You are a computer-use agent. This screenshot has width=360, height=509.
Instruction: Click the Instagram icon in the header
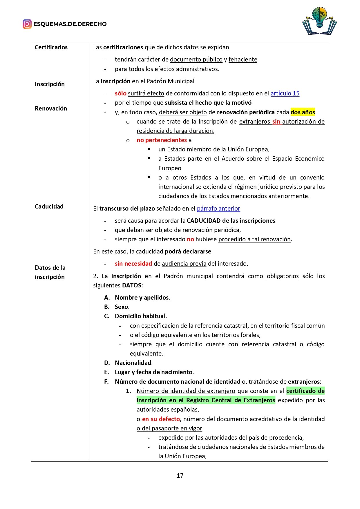click(27, 24)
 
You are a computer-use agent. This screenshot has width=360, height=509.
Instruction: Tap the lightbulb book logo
click(319, 21)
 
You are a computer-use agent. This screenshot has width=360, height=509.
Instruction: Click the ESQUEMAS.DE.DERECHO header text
click(70, 24)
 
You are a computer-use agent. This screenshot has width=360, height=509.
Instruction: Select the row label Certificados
click(51, 47)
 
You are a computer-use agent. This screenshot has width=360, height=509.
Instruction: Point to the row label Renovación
click(51, 108)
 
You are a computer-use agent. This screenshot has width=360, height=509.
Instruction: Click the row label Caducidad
click(49, 207)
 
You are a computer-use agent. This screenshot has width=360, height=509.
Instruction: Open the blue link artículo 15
click(285, 93)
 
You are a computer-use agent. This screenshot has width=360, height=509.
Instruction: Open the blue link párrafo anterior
click(218, 209)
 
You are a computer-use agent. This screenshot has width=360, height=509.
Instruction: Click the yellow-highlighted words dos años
click(303, 112)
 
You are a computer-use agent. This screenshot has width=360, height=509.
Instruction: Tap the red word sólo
click(120, 93)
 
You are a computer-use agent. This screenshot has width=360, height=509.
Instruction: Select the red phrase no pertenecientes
click(162, 140)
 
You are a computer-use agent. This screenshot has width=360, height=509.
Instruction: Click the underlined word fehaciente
click(243, 59)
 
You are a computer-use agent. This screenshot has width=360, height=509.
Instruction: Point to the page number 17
click(180, 475)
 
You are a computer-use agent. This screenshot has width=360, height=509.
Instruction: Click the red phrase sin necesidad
click(133, 264)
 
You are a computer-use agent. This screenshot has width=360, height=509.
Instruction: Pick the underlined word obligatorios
click(283, 276)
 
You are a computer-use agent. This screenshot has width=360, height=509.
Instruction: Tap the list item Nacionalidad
click(133, 363)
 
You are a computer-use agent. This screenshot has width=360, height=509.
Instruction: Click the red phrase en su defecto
click(161, 419)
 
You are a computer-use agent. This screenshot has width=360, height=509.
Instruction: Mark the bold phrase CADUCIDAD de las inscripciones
click(231, 221)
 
